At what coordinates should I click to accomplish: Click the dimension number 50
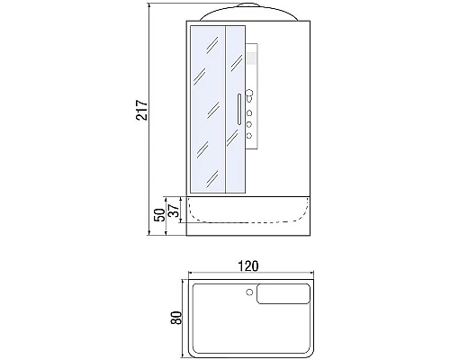[159, 216]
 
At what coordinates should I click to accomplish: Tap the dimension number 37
[174, 209]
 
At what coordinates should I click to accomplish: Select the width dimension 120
[248, 265]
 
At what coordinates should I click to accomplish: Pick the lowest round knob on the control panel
[248, 136]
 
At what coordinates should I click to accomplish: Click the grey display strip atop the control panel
[249, 63]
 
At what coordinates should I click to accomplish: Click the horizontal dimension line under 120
[248, 273]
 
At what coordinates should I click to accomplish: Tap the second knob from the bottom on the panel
[248, 124]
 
